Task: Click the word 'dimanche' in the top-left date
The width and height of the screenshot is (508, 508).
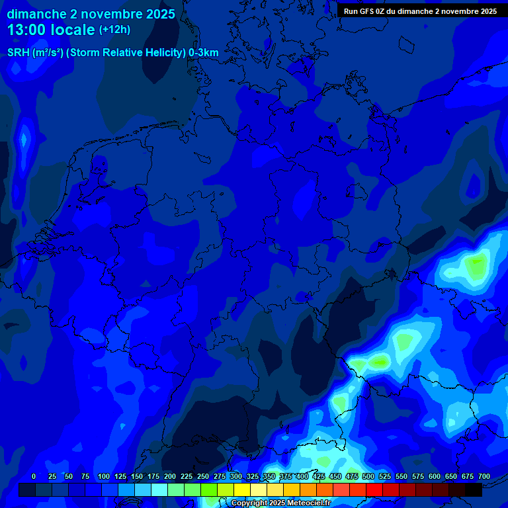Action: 36,14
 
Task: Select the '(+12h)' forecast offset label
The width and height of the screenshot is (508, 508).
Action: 114,30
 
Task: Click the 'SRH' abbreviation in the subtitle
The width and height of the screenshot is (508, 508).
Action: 19,53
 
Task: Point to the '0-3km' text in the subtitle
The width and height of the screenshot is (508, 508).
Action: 204,53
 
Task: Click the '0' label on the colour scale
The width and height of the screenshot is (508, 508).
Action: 34,476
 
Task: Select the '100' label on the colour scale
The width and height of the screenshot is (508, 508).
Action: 104,476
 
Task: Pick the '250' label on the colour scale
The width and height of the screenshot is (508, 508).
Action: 203,476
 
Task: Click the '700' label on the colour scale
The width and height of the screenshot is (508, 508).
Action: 484,476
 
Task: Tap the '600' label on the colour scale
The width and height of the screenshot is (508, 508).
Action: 435,476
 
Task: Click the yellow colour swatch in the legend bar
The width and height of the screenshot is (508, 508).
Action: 241,489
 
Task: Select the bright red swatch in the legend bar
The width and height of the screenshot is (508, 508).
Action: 374,489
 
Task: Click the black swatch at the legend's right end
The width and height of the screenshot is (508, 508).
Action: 473,489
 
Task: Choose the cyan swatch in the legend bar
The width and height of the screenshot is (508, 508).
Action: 159,489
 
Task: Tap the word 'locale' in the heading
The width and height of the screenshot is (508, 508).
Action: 75,30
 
